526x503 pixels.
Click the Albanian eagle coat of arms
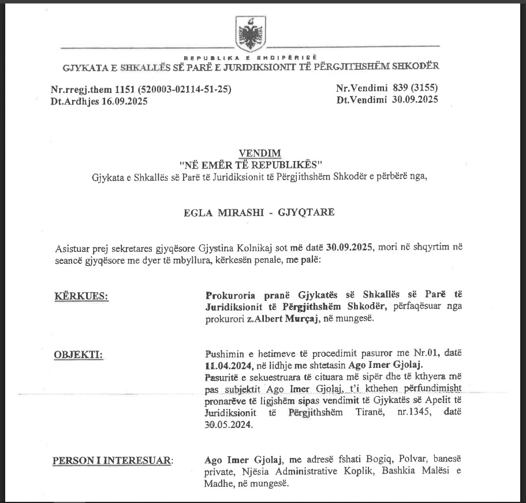click(251, 34)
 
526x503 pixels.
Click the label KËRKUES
click(81, 297)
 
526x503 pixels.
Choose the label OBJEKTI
click(78, 354)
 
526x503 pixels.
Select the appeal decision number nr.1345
click(407, 413)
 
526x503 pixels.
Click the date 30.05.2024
click(229, 425)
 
